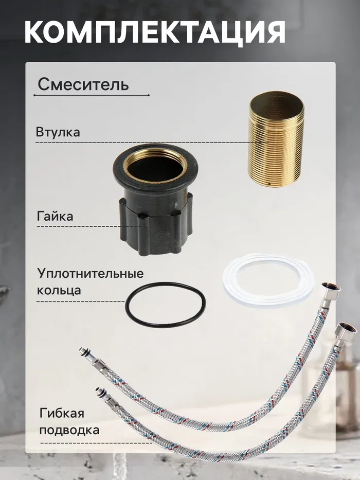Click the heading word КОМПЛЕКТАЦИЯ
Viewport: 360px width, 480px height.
coord(155,32)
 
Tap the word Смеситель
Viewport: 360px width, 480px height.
coord(83,84)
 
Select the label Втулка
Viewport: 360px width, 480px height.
coord(58,132)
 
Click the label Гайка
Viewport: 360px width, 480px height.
coord(55,217)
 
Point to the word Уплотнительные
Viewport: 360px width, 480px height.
coord(91,274)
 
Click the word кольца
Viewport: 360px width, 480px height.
coord(59,290)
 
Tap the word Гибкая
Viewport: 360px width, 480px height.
coord(62,414)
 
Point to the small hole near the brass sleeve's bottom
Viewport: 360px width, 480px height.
coord(269,184)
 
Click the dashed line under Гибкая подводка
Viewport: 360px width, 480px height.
coord(96,443)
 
